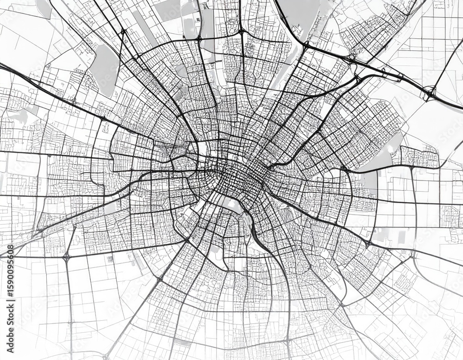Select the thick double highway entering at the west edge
click(x=28, y=79)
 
